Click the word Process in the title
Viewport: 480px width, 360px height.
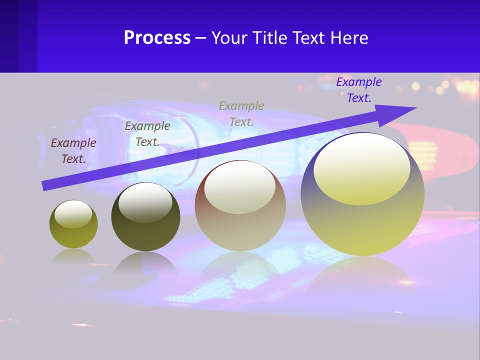tap(157, 38)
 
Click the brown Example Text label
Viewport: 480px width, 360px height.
tap(73, 150)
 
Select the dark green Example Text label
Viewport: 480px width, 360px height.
tap(147, 133)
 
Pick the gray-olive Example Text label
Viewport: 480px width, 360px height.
tap(241, 113)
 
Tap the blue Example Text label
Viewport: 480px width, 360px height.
tap(359, 90)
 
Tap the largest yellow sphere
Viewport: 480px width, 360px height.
tap(362, 225)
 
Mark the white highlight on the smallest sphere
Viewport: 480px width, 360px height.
tap(73, 213)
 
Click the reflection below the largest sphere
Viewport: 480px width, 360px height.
tap(362, 275)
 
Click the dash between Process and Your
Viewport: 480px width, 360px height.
tap(201, 38)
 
